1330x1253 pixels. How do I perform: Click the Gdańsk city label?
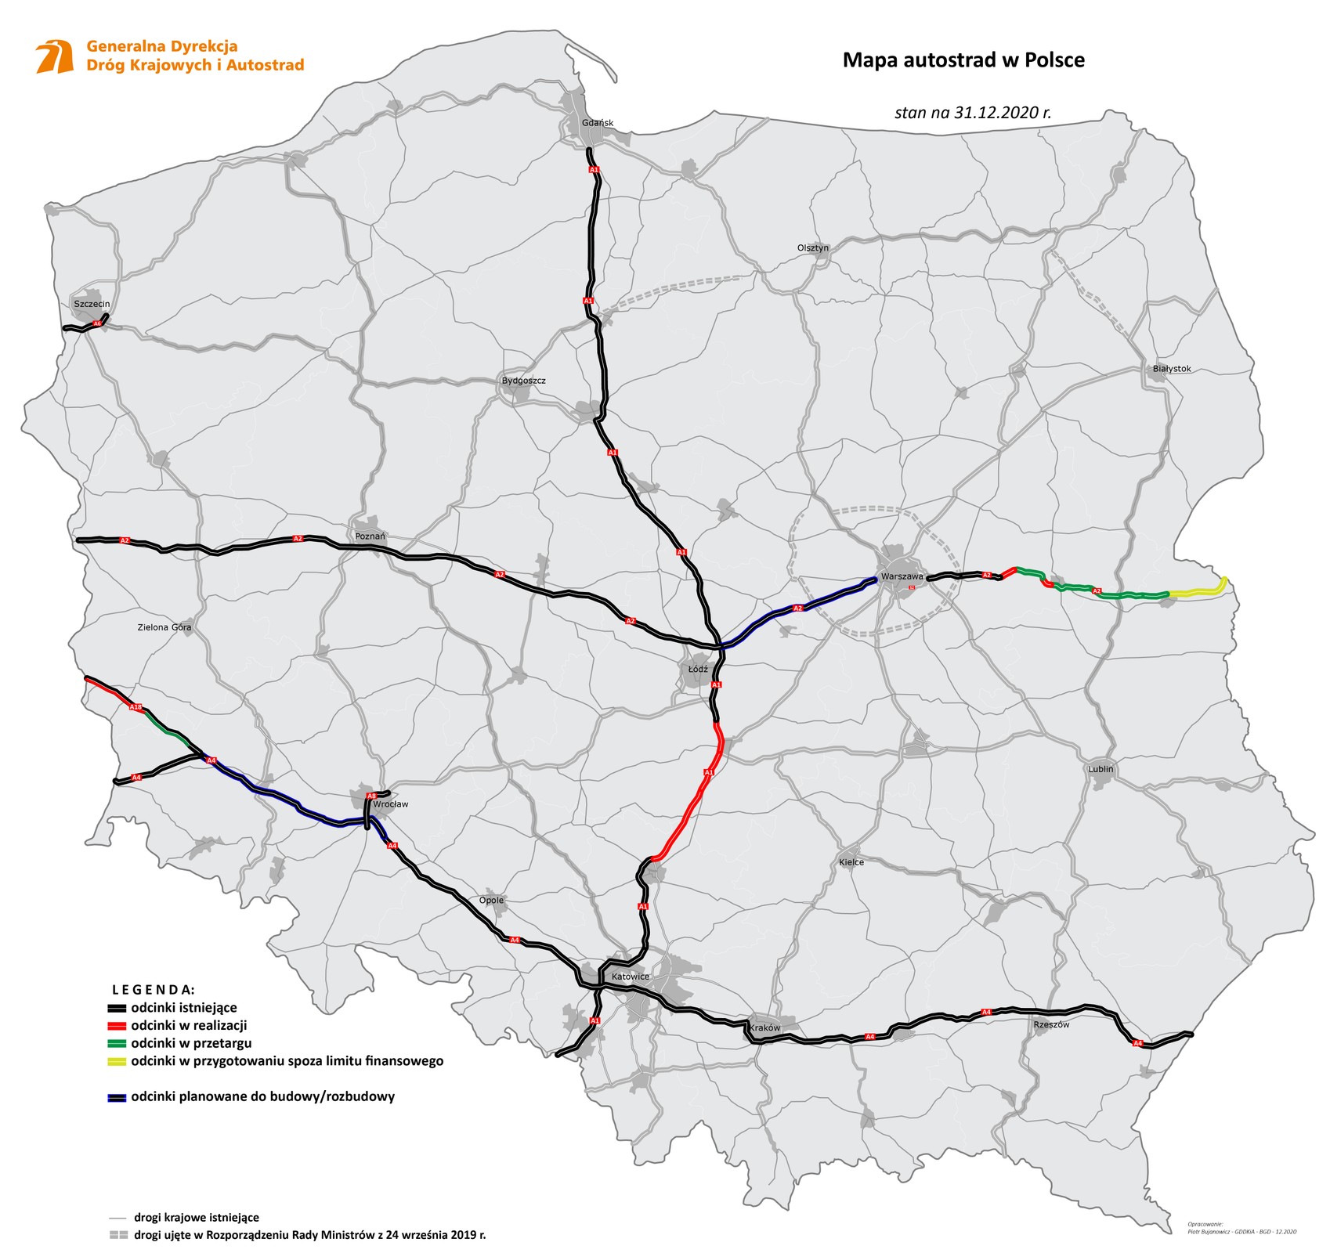point(597,123)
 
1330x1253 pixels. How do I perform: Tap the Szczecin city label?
point(92,304)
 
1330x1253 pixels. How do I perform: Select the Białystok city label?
point(1171,368)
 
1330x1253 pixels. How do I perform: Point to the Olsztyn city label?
point(812,247)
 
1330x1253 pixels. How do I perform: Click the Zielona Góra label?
point(164,627)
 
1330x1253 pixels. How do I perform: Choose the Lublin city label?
point(1100,769)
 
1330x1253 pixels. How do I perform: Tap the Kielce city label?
point(851,861)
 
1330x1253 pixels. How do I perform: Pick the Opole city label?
point(491,901)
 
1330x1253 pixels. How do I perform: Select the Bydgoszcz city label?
point(523,381)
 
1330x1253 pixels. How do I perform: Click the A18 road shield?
point(136,708)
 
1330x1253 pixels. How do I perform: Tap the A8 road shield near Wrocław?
point(372,795)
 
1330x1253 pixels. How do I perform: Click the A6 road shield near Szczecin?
point(97,323)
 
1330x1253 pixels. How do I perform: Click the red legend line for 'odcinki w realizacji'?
point(117,1025)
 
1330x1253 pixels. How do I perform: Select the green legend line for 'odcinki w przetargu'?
point(117,1043)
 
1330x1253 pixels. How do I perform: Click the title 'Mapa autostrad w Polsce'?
point(963,60)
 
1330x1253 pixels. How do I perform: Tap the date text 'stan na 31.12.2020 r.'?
point(972,112)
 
